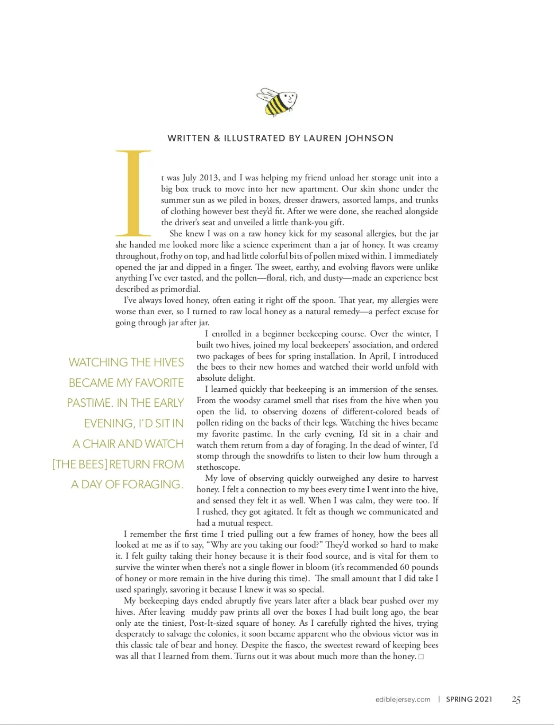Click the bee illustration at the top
pos(276,101)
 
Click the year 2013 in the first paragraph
pos(208,178)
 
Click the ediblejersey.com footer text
pos(402,699)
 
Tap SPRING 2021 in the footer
pos(469,699)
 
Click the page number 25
pos(516,700)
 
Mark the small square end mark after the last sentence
pos(421,657)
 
